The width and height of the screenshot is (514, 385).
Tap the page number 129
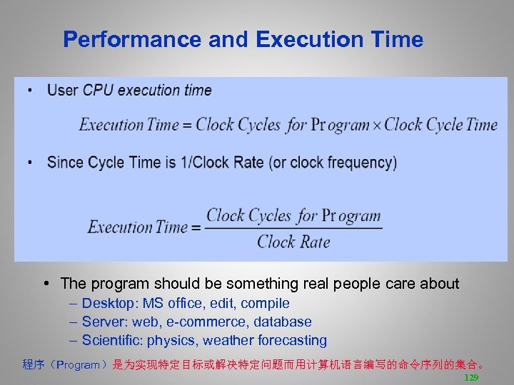point(471,377)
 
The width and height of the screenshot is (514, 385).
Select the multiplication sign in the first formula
point(377,125)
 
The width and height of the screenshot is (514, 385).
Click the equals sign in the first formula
point(188,125)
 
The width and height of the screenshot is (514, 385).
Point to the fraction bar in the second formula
point(293,229)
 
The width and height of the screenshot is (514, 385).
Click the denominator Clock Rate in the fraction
point(293,242)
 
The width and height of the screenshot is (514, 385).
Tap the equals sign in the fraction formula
point(196,228)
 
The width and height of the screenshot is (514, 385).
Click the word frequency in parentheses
point(358,163)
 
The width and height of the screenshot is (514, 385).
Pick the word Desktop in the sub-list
point(108,304)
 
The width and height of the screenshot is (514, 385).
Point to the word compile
point(265,304)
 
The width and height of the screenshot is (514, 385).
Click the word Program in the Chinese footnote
point(79,365)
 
